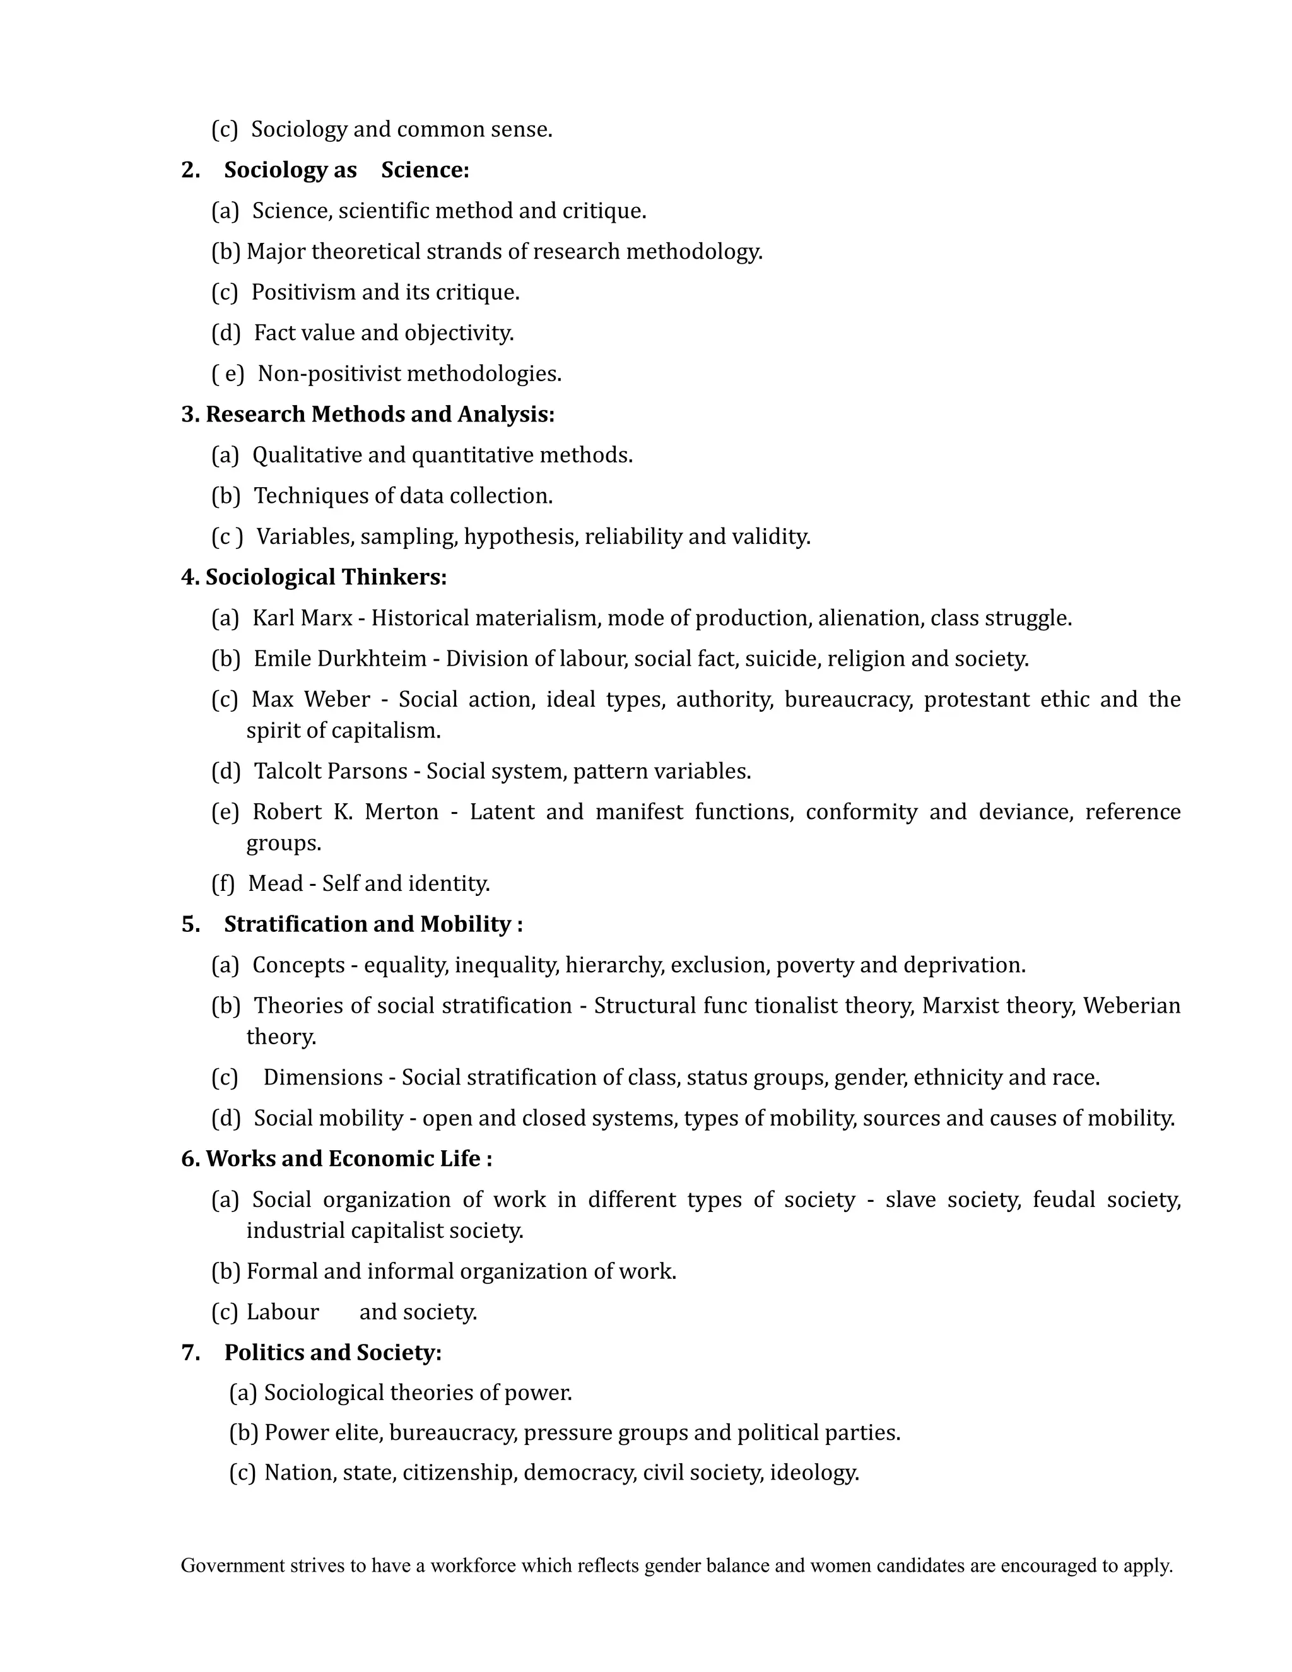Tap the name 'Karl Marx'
[x=302, y=618]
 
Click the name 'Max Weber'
[x=310, y=699]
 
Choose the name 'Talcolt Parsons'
[x=331, y=771]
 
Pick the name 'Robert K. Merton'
[x=345, y=811]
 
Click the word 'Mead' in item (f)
[x=276, y=883]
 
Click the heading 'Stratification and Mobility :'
[x=373, y=924]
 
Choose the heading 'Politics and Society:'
[x=333, y=1353]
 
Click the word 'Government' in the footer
[x=233, y=1565]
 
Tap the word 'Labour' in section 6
[x=283, y=1312]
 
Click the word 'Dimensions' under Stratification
[x=323, y=1077]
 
